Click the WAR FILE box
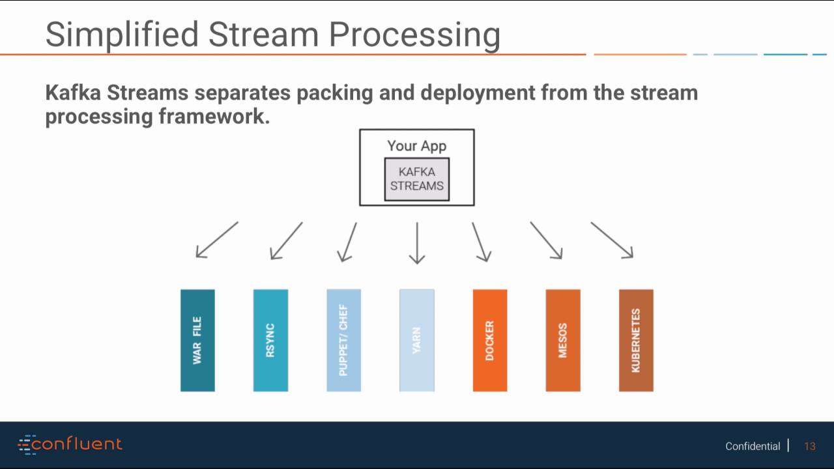pyautogui.click(x=197, y=340)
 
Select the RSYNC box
pyautogui.click(x=270, y=340)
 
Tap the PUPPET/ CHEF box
pyautogui.click(x=343, y=340)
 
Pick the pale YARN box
pyautogui.click(x=416, y=340)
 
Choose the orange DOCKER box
pyautogui.click(x=490, y=340)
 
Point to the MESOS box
pyautogui.click(x=563, y=340)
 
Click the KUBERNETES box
pyautogui.click(x=636, y=340)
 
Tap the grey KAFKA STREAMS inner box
pyautogui.click(x=417, y=179)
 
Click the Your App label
pyautogui.click(x=417, y=146)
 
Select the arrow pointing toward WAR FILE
pyautogui.click(x=217, y=240)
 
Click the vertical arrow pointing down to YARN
pyautogui.click(x=417, y=242)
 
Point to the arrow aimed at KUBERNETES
pyautogui.click(x=612, y=240)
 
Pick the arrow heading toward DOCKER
pyautogui.click(x=481, y=242)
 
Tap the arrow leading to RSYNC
pyautogui.click(x=287, y=240)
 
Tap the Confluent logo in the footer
pyautogui.click(x=70, y=445)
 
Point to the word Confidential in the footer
pyautogui.click(x=753, y=446)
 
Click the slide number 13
pyautogui.click(x=810, y=446)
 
